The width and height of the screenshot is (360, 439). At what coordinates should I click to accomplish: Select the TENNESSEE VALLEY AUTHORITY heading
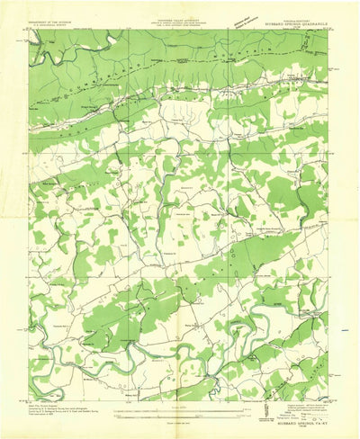click(176, 20)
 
